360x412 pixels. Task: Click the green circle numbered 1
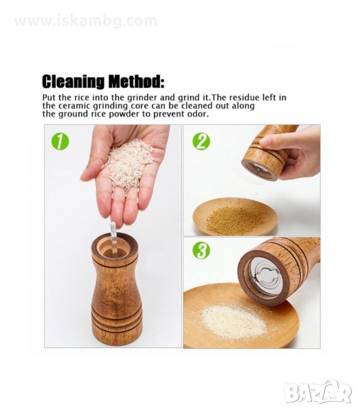coord(60,141)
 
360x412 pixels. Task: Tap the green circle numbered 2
coord(201,141)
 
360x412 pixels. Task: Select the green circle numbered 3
coord(201,251)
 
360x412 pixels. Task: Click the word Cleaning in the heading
coord(73,81)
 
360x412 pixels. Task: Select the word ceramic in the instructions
coord(75,106)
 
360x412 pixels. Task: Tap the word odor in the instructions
coord(199,114)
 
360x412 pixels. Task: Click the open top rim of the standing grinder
coord(115,245)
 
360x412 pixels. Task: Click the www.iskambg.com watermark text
coord(86,21)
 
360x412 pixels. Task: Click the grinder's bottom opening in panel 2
coord(260,170)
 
